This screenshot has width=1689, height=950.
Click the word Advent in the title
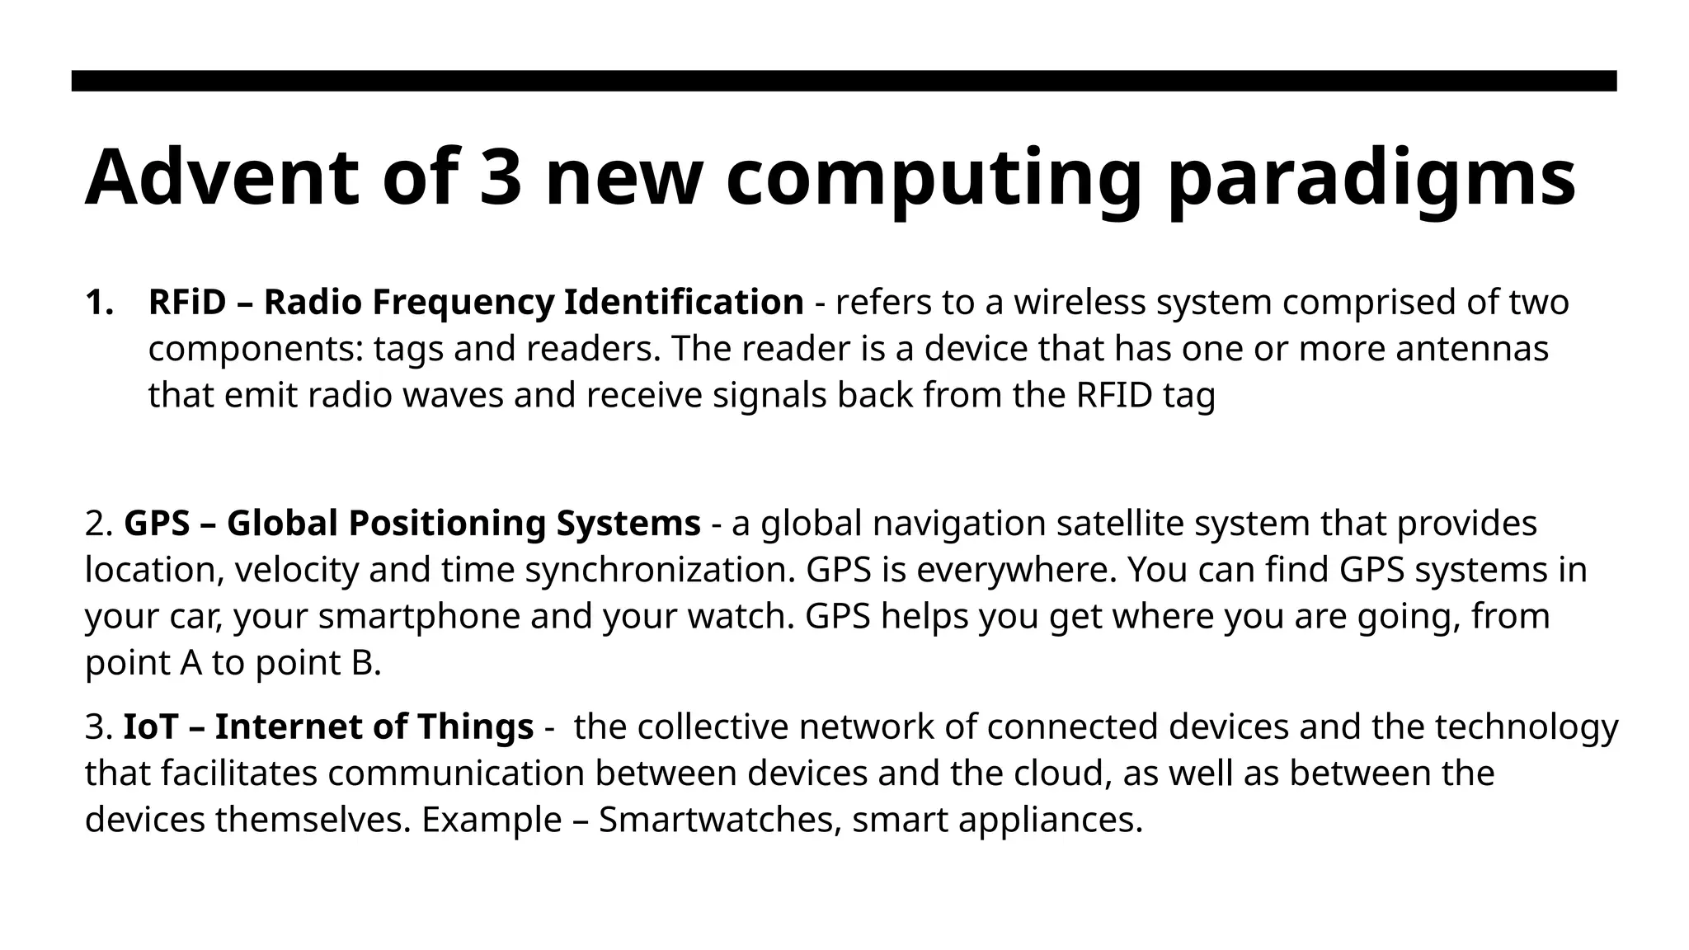[222, 177]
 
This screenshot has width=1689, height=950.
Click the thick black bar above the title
[844, 81]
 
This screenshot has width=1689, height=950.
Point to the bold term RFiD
[187, 303]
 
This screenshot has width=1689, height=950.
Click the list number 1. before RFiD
[99, 303]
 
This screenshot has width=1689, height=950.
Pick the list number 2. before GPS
[98, 524]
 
